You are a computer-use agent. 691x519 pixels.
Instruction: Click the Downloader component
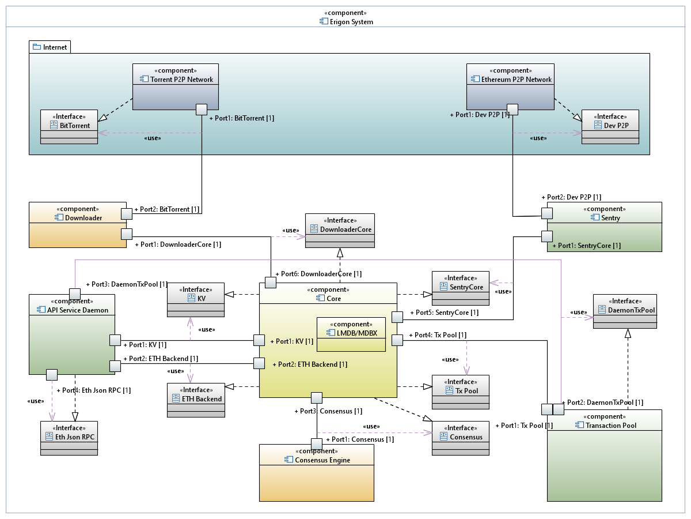78,225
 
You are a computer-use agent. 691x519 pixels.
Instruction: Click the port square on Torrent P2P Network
202,109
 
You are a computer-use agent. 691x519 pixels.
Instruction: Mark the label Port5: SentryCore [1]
444,313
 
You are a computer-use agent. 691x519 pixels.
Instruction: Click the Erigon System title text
351,22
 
